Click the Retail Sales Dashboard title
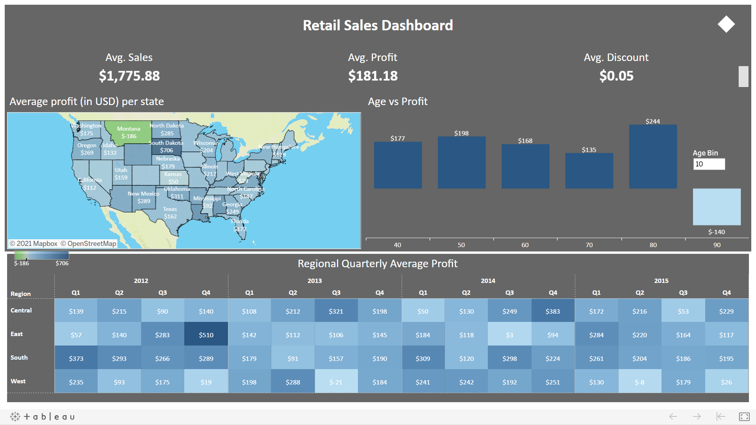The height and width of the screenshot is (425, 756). point(378,25)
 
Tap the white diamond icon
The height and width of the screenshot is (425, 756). point(726,24)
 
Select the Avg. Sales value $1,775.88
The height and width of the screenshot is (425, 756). point(129,76)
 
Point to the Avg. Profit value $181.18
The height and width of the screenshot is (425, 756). point(372,76)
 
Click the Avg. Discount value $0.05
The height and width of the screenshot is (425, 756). point(616,76)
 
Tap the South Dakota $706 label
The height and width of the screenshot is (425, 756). point(166,150)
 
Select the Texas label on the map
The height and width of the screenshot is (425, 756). point(170,209)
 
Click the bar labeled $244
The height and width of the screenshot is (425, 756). point(652,156)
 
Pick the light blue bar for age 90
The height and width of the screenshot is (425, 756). point(716,207)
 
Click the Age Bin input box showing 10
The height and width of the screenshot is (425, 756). point(709,164)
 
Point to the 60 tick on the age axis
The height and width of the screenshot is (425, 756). point(525,245)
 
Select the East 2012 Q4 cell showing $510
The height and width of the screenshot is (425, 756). point(206,334)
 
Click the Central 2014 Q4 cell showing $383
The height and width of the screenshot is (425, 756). point(552,311)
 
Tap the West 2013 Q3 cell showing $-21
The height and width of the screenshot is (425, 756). point(336,382)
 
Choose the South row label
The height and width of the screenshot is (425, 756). point(19,357)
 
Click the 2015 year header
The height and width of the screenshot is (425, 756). point(661,281)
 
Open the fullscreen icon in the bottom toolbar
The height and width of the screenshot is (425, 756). point(744,416)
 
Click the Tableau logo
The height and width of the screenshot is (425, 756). point(43,416)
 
